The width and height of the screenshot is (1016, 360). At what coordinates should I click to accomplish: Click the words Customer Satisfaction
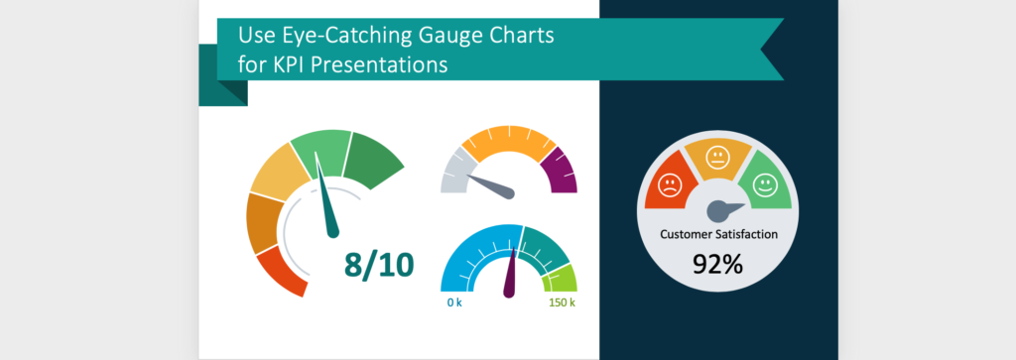pos(718,235)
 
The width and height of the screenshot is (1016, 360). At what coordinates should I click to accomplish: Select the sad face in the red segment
pos(669,185)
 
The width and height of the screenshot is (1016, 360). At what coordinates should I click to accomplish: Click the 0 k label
pos(456,301)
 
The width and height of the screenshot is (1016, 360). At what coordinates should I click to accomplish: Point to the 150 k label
pos(561,301)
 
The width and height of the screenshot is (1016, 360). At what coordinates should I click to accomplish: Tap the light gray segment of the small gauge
pos(454,173)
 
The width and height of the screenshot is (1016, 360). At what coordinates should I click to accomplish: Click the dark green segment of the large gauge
pos(378,159)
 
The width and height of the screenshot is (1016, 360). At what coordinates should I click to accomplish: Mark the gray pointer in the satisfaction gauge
pos(721,209)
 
